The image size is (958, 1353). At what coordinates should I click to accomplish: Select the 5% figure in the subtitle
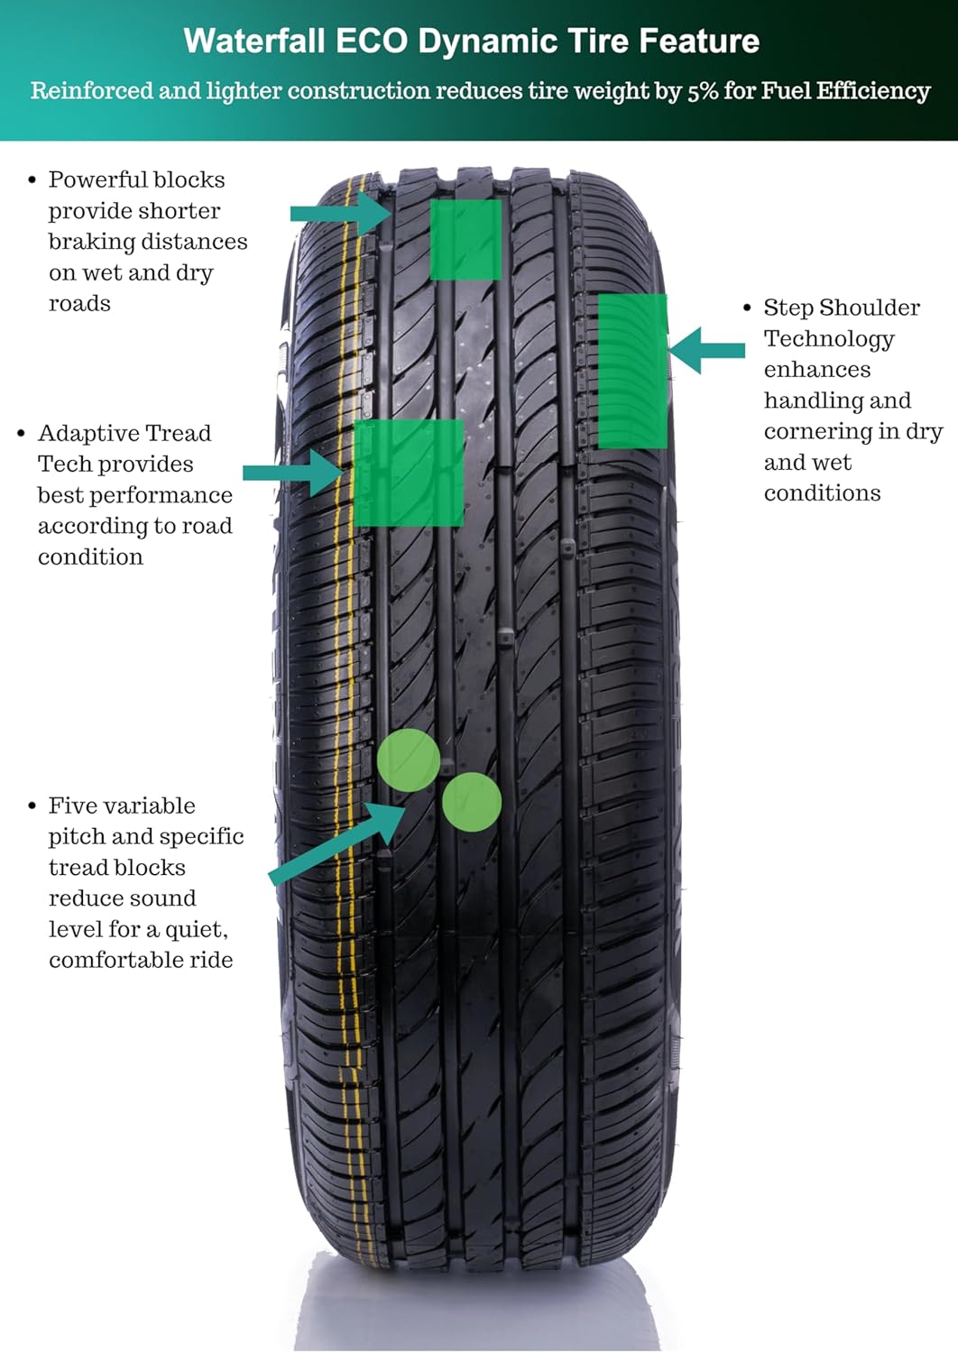tap(702, 91)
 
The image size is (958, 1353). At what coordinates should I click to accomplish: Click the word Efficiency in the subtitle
tap(873, 91)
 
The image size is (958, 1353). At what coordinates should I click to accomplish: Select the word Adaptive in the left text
tap(79, 433)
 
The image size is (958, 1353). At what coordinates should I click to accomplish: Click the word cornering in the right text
tap(817, 431)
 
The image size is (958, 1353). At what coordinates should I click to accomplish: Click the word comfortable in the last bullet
tap(103, 960)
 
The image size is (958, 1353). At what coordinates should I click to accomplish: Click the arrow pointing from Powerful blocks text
tap(339, 214)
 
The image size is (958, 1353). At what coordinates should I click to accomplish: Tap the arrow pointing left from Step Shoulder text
tap(707, 350)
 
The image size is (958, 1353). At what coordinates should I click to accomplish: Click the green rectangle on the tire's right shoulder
tap(633, 371)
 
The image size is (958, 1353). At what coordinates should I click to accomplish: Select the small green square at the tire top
tap(465, 239)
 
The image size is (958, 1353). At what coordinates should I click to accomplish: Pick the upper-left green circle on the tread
tap(409, 760)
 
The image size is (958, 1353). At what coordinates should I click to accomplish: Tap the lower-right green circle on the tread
tap(472, 801)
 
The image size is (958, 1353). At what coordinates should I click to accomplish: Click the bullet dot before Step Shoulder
tap(747, 308)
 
